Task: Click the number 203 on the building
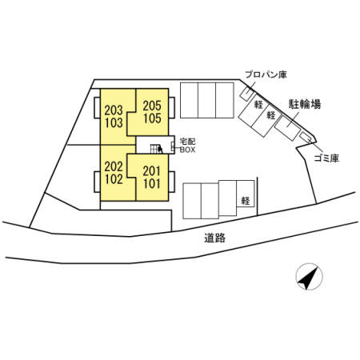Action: pos(114,110)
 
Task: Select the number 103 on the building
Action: pos(114,123)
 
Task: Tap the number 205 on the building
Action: pos(152,106)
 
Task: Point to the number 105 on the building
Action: pos(152,118)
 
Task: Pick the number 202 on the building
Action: pos(114,166)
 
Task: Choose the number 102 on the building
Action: pos(114,179)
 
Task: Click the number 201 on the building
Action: pos(151,171)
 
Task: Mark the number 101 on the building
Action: pos(151,184)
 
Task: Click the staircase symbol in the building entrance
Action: pos(157,149)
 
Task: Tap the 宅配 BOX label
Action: pos(187,146)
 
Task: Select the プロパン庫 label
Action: pos(266,74)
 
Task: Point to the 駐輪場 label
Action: pos(305,104)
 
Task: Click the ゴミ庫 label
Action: pos(326,158)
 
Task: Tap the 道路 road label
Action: pos(215,238)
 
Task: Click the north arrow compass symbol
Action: pos(309,277)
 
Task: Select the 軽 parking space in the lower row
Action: pos(246,194)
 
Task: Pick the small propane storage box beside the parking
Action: pos(247,94)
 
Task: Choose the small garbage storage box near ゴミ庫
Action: pos(306,138)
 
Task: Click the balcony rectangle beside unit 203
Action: pos(97,107)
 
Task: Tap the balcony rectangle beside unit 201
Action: pos(171,182)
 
